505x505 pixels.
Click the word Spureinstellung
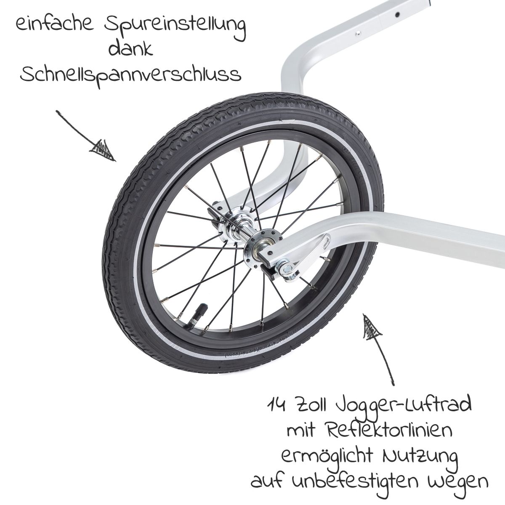click(x=175, y=26)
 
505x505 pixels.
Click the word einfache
click(x=55, y=25)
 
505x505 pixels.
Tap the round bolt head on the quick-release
click(x=288, y=268)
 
